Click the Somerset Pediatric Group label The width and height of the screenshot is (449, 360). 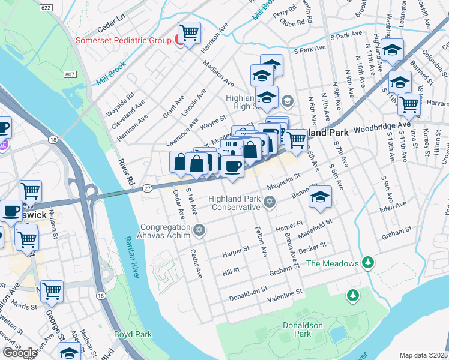pyautogui.click(x=123, y=41)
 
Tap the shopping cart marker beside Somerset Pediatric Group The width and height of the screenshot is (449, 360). pyautogui.click(x=189, y=33)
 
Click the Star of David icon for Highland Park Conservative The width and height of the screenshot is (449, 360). pyautogui.click(x=270, y=204)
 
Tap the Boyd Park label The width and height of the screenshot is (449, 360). pyautogui.click(x=133, y=334)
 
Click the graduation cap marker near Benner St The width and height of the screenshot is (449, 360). pyautogui.click(x=320, y=197)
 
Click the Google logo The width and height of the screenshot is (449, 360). pyautogui.click(x=20, y=353)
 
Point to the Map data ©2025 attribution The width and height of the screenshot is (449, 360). pyautogui.click(x=423, y=355)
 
